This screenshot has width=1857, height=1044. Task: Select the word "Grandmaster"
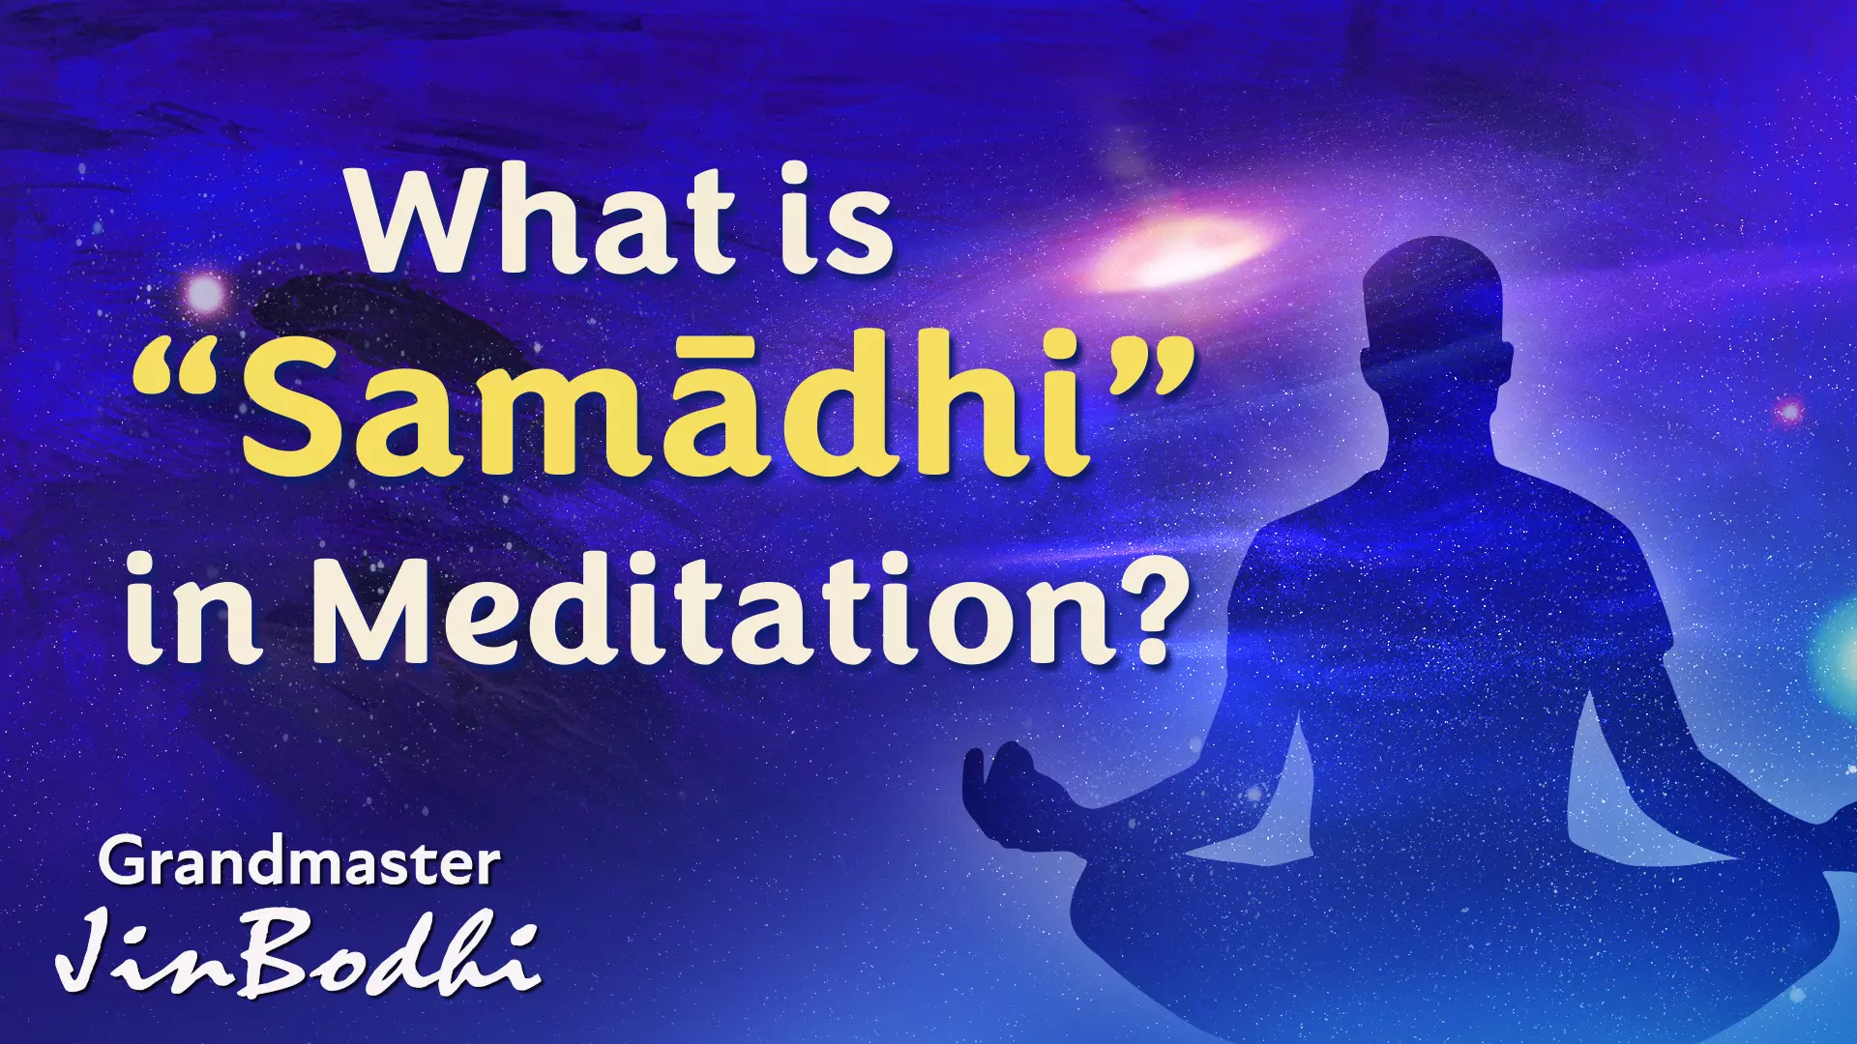point(299,863)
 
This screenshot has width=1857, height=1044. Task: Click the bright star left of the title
point(205,294)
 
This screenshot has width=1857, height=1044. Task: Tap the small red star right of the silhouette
point(1789,412)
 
